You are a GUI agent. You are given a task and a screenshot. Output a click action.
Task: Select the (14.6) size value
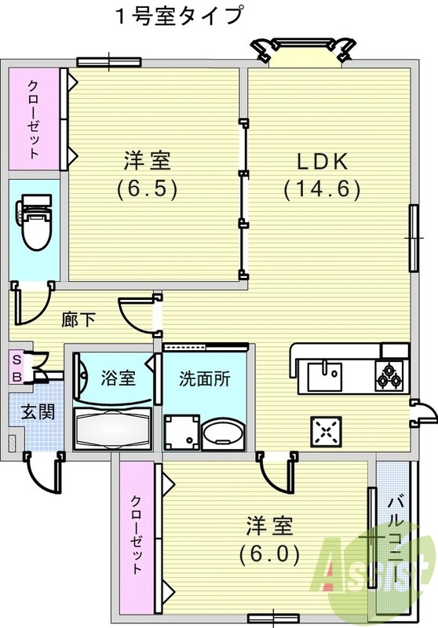321,188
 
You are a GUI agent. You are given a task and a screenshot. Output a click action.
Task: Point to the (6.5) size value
146,188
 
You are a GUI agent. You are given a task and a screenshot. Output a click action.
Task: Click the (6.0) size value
269,554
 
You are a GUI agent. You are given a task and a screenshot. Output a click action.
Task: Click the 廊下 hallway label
78,319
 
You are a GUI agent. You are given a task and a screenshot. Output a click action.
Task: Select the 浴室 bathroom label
119,378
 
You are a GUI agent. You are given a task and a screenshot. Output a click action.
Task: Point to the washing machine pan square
180,432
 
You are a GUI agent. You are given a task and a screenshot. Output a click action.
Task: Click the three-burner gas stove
389,377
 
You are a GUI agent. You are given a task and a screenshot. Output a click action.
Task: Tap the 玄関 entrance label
36,411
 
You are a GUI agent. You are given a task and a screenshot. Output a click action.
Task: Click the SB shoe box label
16,366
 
